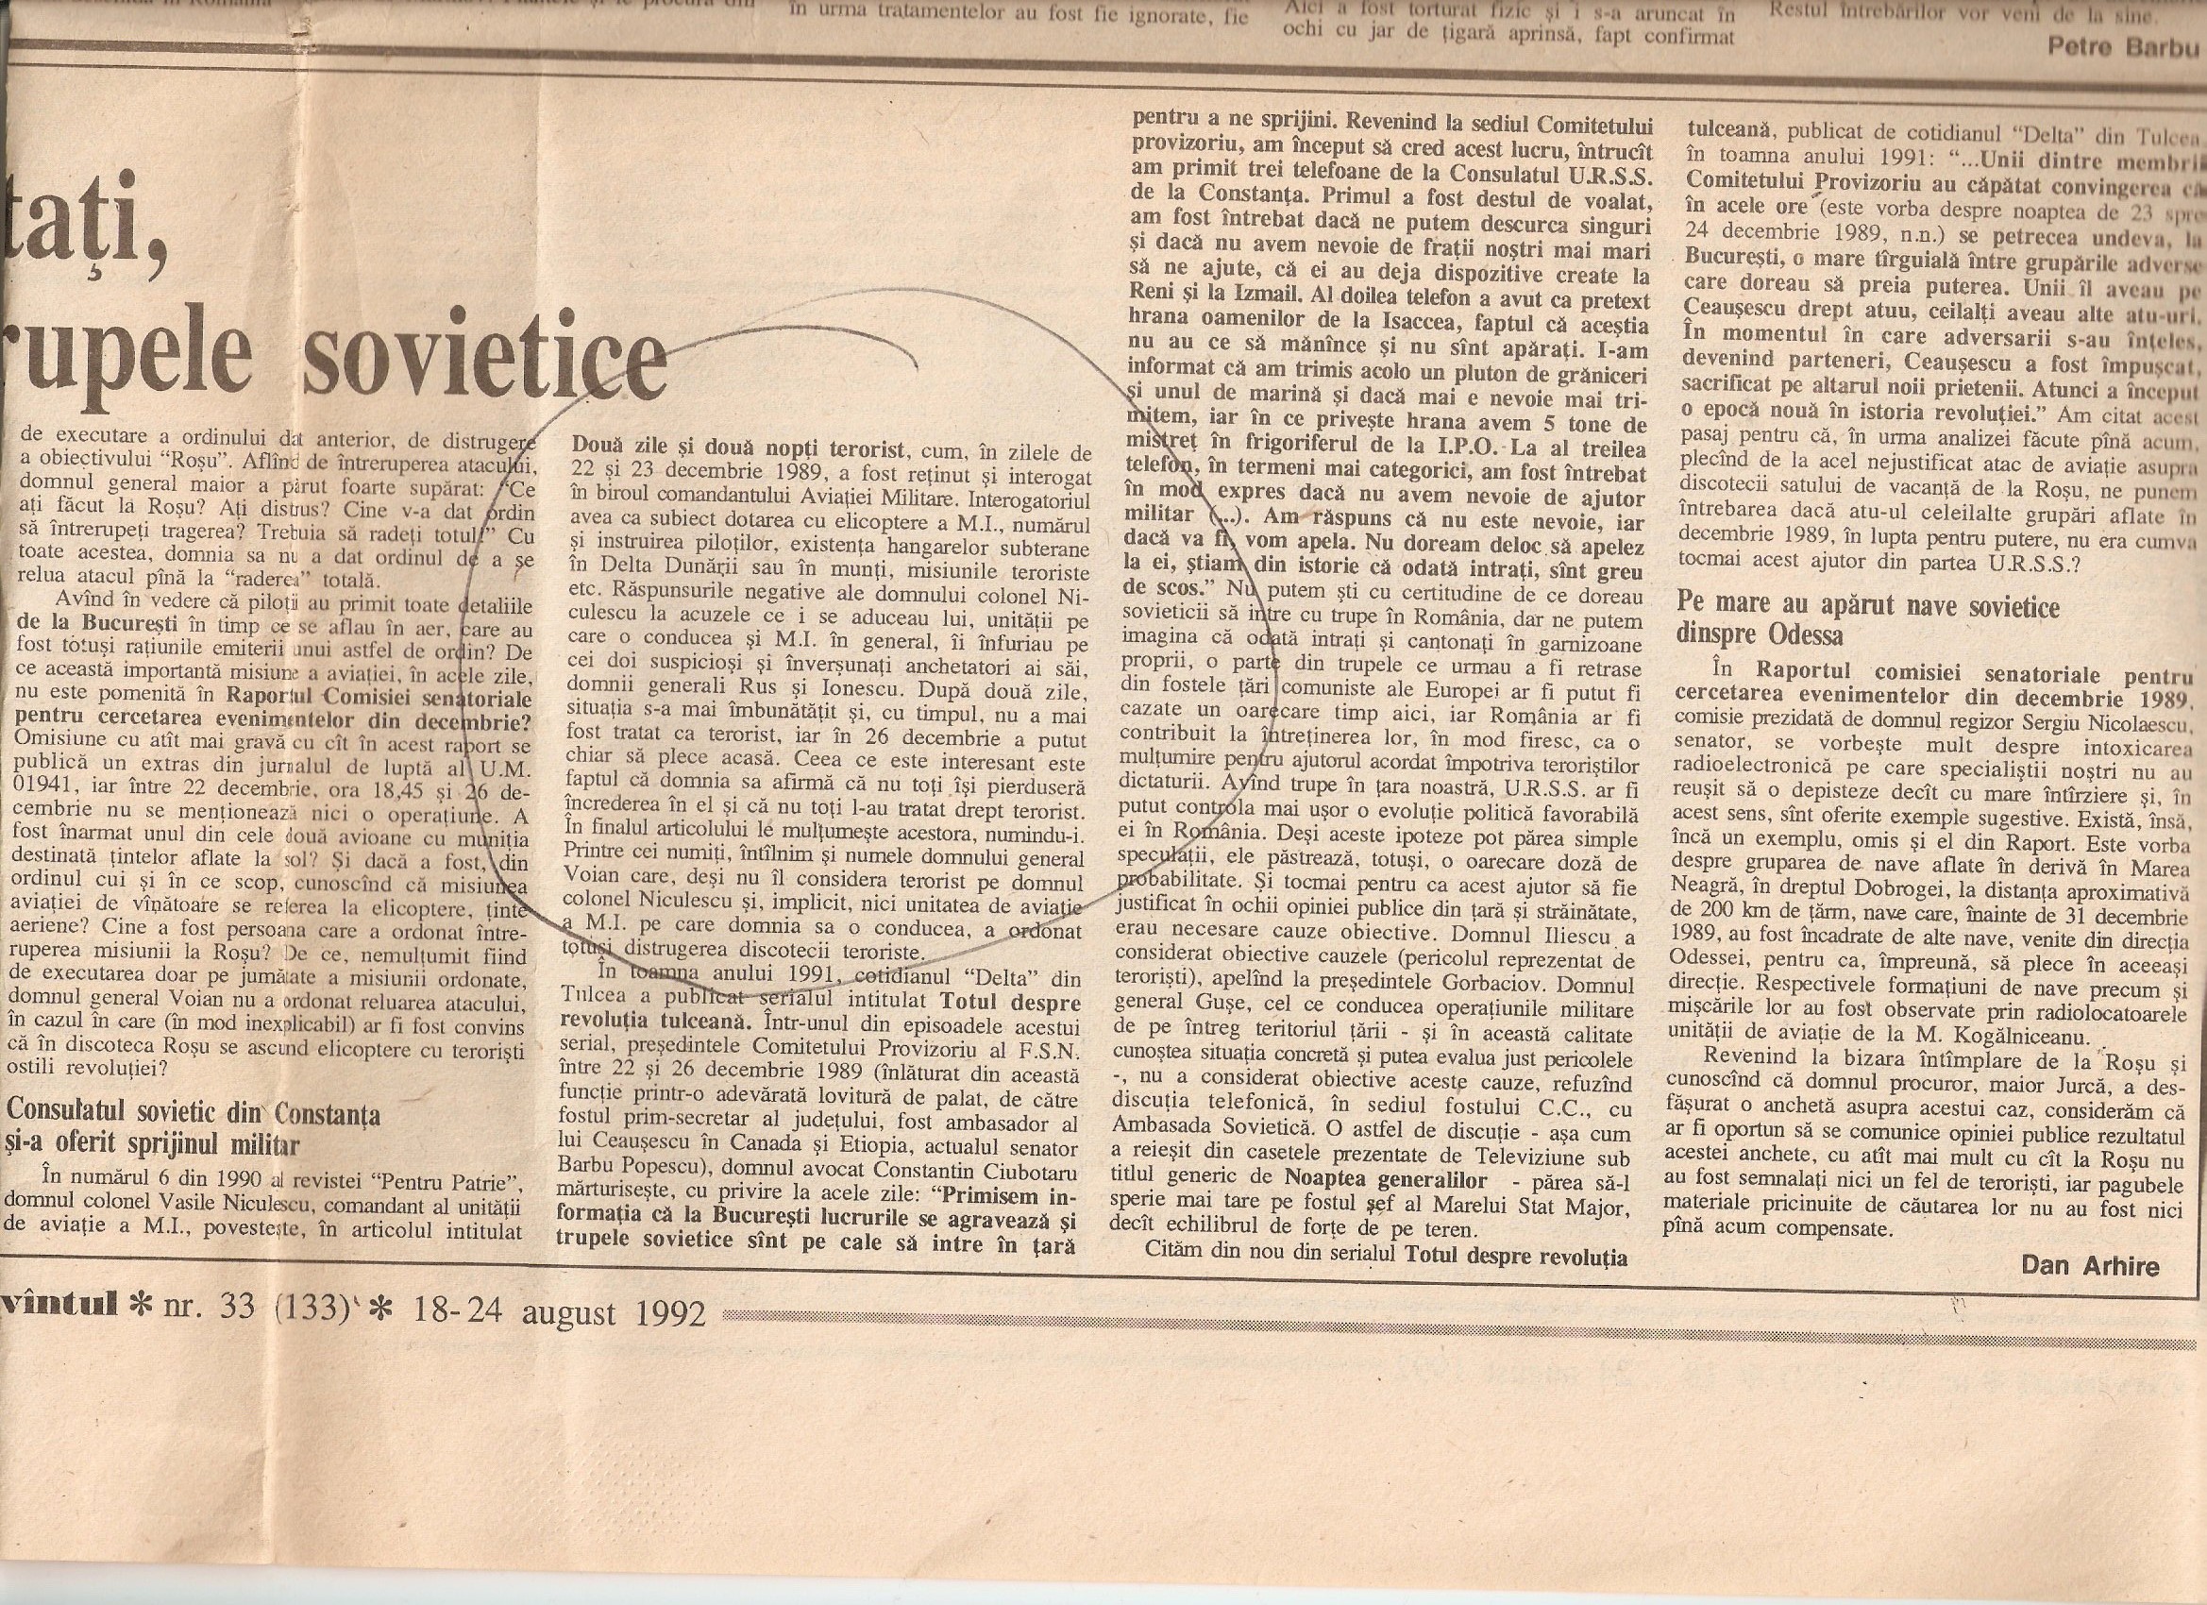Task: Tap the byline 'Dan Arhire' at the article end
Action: [x=2090, y=1264]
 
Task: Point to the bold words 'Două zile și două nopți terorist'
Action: [x=737, y=452]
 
